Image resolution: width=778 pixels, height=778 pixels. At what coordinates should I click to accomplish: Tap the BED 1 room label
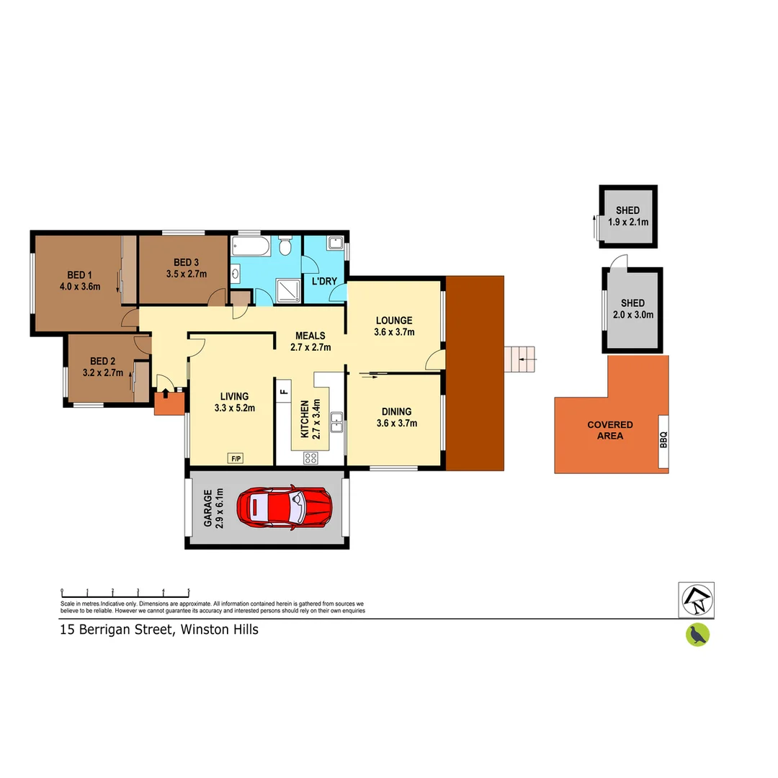click(79, 274)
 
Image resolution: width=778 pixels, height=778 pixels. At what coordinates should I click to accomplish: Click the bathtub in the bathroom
click(251, 248)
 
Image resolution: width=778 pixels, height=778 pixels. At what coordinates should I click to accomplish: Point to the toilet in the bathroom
click(285, 248)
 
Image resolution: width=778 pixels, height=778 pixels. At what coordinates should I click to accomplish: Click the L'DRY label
click(323, 281)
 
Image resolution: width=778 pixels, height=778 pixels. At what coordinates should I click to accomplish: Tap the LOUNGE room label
click(393, 320)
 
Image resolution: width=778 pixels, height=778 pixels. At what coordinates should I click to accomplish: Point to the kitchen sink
click(336, 422)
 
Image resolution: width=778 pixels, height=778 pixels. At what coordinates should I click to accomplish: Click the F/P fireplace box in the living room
click(235, 457)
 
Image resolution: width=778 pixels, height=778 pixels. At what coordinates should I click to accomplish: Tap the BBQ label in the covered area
click(663, 439)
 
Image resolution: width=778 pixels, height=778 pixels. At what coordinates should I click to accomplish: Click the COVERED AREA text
click(609, 430)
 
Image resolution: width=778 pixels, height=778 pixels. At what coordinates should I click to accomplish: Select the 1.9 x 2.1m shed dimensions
click(628, 222)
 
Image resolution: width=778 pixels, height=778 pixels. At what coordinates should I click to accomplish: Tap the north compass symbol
click(697, 599)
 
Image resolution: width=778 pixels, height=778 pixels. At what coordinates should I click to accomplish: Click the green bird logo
click(697, 635)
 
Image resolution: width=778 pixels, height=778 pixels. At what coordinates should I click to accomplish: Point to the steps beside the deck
click(521, 358)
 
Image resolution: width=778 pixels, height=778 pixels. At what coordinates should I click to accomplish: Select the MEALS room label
click(310, 336)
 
